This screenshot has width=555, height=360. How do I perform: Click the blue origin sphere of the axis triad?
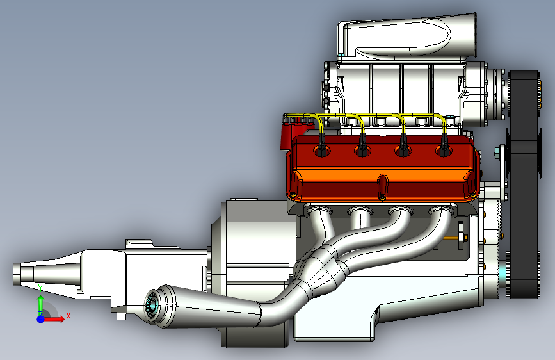(x=41, y=319)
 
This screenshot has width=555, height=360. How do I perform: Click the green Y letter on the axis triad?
(x=40, y=288)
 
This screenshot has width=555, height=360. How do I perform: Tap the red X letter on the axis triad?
(x=68, y=316)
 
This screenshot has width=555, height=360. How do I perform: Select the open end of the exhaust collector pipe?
(x=153, y=306)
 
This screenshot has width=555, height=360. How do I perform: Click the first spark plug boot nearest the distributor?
(x=321, y=145)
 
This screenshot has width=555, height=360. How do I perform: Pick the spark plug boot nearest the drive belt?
(x=444, y=145)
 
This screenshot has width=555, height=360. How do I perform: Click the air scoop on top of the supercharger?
(x=407, y=35)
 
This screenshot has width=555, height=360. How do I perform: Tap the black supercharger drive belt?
(x=524, y=184)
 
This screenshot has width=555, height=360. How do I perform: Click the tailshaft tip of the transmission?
(x=18, y=274)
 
